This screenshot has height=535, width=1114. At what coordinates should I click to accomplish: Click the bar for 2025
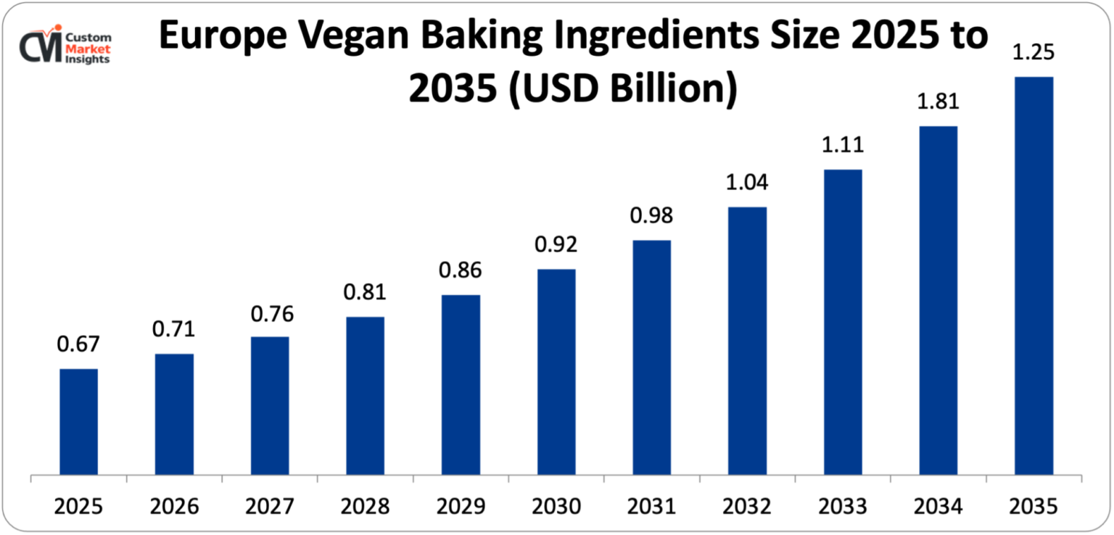pyautogui.click(x=78, y=422)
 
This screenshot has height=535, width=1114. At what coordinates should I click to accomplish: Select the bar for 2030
pyautogui.click(x=556, y=372)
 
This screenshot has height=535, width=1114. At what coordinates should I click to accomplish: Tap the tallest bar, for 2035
pyautogui.click(x=1033, y=275)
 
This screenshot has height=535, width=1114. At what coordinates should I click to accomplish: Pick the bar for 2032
pyautogui.click(x=747, y=341)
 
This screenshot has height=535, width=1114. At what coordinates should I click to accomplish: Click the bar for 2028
pyautogui.click(x=365, y=396)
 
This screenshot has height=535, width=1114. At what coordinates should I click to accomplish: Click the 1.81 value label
pyautogui.click(x=938, y=101)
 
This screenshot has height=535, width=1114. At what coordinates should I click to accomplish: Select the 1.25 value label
pyautogui.click(x=1033, y=52)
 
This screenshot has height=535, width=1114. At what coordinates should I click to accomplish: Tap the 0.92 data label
pyautogui.click(x=556, y=245)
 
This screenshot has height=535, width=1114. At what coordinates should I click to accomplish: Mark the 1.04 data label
pyautogui.click(x=747, y=183)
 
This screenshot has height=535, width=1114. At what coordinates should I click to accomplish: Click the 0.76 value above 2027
pyautogui.click(x=270, y=314)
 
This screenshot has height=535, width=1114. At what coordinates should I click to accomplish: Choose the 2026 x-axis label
pyautogui.click(x=174, y=505)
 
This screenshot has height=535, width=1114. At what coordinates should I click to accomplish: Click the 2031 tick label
pyautogui.click(x=651, y=505)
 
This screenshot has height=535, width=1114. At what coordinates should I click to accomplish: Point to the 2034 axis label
pyautogui.click(x=938, y=505)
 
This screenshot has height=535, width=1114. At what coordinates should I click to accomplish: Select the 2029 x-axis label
pyautogui.click(x=461, y=505)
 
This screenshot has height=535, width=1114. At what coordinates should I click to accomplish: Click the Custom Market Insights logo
pyautogui.click(x=65, y=47)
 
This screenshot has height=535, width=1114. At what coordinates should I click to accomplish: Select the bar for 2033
pyautogui.click(x=843, y=322)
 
